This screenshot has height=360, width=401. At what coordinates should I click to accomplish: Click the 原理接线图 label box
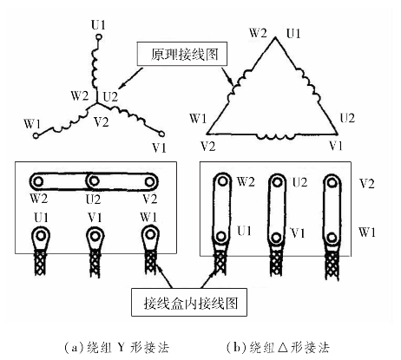click(x=182, y=54)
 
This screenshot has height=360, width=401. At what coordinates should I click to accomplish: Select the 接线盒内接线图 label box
click(x=189, y=302)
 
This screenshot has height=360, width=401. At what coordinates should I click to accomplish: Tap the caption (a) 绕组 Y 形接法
click(x=116, y=347)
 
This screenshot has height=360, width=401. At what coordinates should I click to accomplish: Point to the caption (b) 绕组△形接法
click(x=278, y=347)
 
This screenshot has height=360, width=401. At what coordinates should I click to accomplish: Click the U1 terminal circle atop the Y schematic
click(x=99, y=37)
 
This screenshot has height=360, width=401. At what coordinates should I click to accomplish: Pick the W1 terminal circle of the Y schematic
click(x=36, y=135)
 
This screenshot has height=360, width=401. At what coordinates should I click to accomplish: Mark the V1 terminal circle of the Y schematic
click(x=161, y=134)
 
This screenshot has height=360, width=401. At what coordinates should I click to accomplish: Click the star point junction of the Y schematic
click(x=96, y=103)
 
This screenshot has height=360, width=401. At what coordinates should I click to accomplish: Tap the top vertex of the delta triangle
click(x=275, y=37)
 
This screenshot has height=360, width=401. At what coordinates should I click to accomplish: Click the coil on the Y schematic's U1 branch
click(x=95, y=68)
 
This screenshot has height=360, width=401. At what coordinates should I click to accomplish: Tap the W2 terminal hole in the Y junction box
click(x=38, y=181)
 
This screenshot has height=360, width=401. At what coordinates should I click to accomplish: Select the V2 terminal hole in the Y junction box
click(x=149, y=181)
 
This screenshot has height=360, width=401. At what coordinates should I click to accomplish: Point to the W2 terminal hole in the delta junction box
click(x=222, y=181)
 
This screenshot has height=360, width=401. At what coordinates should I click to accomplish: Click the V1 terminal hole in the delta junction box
click(x=276, y=237)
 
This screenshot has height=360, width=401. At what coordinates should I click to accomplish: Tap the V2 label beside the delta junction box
click(x=366, y=183)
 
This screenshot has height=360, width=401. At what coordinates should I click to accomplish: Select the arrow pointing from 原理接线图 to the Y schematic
click(x=131, y=78)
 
